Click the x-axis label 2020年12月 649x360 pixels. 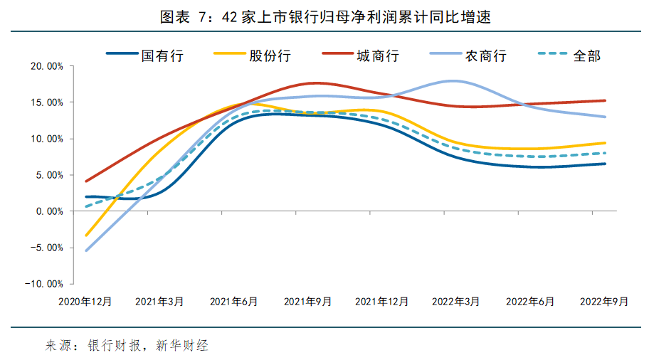[x=85, y=302]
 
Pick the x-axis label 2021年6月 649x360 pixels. [x=233, y=302]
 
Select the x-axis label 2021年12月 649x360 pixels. [x=381, y=302]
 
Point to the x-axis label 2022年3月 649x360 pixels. [x=456, y=302]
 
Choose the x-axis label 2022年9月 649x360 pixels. [x=604, y=302]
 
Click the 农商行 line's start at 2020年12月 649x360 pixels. [x=86, y=250]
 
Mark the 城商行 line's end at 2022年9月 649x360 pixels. [x=606, y=100]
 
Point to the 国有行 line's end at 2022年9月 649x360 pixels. [x=606, y=164]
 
